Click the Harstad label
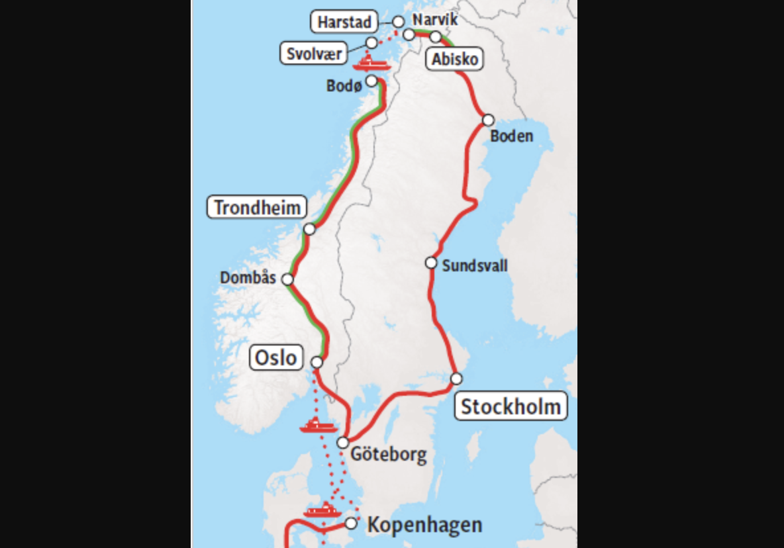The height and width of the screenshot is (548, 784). (344, 22)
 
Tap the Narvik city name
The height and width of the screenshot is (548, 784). (434, 19)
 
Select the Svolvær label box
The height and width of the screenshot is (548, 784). (315, 53)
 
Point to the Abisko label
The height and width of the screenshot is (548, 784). (454, 60)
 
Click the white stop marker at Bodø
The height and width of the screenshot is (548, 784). (371, 81)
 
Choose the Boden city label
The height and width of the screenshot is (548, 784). (511, 136)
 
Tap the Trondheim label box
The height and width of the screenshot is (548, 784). (258, 208)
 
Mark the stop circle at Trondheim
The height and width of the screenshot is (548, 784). (309, 229)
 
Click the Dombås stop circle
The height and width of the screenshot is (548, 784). (287, 279)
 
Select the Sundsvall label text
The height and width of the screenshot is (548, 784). (475, 265)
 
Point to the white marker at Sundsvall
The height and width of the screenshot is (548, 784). (431, 263)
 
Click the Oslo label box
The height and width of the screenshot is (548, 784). (277, 358)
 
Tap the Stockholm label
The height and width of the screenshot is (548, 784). (511, 406)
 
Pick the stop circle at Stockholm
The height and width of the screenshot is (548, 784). (456, 379)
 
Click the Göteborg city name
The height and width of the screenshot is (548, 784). (388, 455)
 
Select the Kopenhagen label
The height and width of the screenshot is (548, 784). (424, 525)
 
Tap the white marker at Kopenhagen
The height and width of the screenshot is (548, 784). (352, 524)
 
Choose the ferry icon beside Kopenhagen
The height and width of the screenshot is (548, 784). (322, 510)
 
